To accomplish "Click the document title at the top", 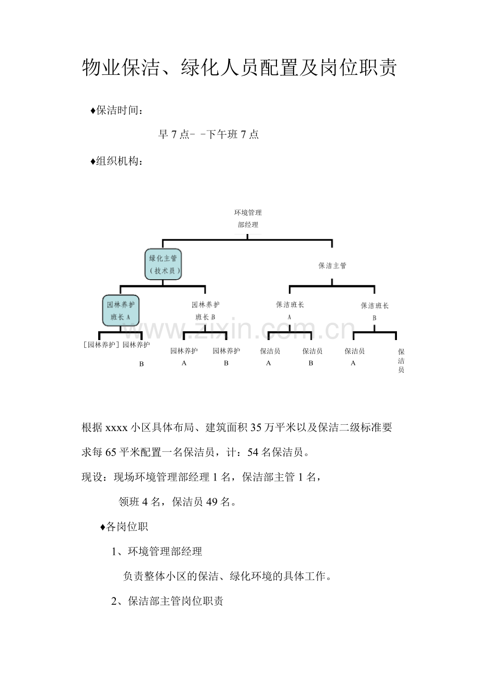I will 239,68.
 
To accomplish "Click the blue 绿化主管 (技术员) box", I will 164,264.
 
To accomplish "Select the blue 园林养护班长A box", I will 121,310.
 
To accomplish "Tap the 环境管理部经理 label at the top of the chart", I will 248,218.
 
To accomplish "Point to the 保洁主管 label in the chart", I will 333,266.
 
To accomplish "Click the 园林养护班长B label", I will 206,310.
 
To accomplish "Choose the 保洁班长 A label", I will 290,310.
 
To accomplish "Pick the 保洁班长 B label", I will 375,311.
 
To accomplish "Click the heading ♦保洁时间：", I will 117,111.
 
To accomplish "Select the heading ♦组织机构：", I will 117,162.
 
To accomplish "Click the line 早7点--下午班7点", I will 208,135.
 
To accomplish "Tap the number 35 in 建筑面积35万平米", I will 256,428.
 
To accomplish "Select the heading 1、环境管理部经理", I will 157,552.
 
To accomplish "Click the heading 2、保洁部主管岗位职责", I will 167,602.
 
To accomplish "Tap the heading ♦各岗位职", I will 124,527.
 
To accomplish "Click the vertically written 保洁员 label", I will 401,361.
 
